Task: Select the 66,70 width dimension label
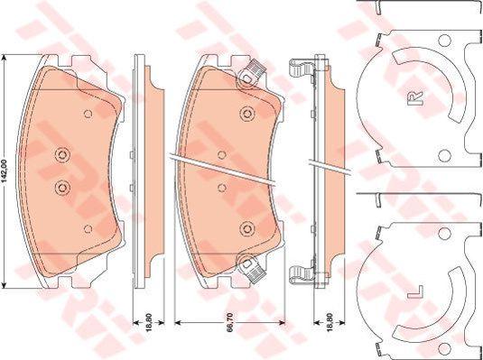tap(230, 322)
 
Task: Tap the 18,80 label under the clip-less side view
tap(149, 322)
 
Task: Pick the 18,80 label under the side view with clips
tap(330, 322)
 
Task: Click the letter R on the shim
tap(415, 98)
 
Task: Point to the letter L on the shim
tap(415, 292)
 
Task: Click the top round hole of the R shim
tap(444, 40)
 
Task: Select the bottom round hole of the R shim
tap(444, 156)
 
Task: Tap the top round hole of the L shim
tap(444, 234)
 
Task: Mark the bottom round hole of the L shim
tap(444, 349)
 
